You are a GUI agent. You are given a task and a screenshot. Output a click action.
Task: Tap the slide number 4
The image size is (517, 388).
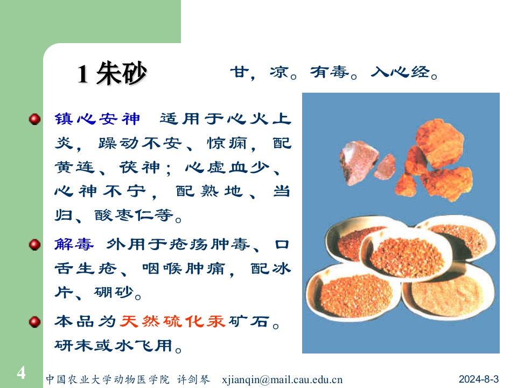point(21,372)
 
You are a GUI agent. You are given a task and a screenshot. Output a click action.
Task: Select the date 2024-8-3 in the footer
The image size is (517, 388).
point(479,378)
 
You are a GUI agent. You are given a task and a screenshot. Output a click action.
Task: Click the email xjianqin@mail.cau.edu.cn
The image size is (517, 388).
point(282,379)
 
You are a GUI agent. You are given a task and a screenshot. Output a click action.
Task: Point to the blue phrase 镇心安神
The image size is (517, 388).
point(97,119)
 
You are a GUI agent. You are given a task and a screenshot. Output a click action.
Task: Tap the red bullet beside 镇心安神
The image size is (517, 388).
point(35,119)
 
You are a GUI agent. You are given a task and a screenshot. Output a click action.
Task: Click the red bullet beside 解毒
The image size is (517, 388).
point(35,245)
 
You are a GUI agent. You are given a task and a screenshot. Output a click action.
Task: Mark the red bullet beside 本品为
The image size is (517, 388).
point(35,322)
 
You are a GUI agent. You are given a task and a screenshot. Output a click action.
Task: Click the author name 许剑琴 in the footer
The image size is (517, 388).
point(193,379)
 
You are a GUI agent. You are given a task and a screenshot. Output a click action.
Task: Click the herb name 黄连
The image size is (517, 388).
point(74,168)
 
